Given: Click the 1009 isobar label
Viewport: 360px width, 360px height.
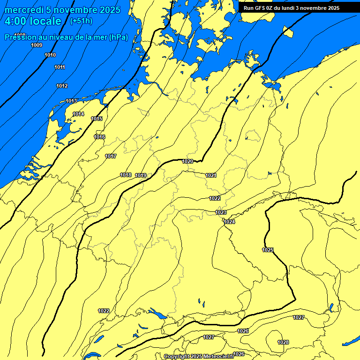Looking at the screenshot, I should (37, 45).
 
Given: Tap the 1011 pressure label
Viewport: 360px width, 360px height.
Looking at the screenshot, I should (60, 67).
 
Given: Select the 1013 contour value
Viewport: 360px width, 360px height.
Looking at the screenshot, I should (71, 101).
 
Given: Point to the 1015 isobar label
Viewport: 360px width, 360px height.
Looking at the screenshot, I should (97, 119).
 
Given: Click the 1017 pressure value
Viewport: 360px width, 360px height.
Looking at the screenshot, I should (111, 156).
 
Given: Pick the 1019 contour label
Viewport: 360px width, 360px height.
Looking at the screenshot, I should (141, 175).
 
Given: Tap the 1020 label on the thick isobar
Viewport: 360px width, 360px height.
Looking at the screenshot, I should (187, 161).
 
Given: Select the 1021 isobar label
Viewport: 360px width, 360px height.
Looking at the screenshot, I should (211, 175).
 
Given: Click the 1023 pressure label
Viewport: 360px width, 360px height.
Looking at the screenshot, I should (221, 212).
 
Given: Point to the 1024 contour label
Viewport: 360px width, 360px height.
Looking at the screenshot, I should (229, 222).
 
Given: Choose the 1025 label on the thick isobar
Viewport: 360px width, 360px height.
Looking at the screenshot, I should (268, 250).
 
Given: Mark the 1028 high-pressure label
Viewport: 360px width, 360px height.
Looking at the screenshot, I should (283, 342).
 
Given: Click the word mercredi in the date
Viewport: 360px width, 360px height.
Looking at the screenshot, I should (24, 10).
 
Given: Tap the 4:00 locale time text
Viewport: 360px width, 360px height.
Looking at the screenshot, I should (33, 21).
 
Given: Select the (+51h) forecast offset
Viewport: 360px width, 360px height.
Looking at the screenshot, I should (81, 21).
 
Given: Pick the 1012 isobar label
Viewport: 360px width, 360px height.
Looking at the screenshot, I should (62, 86).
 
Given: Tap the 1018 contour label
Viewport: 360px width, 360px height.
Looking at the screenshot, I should (126, 175).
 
